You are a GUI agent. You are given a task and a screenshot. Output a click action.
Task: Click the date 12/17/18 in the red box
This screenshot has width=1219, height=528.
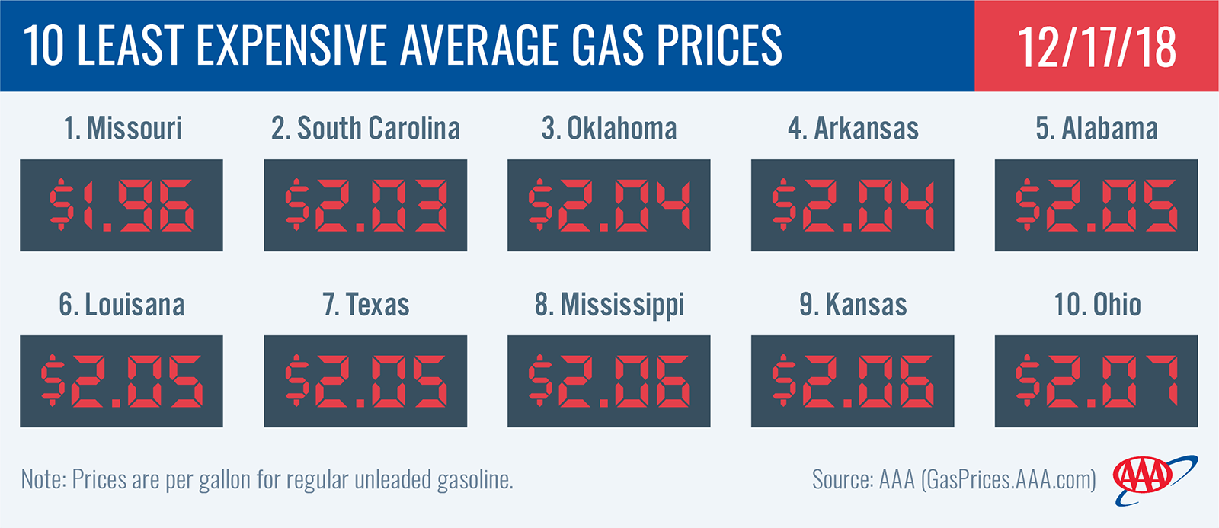[1096, 47]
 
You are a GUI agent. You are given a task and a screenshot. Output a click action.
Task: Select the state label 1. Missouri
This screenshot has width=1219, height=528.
[123, 129]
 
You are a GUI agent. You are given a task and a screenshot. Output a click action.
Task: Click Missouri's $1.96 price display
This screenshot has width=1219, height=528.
[121, 205]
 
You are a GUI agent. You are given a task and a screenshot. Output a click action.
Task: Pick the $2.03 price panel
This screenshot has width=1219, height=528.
[366, 205]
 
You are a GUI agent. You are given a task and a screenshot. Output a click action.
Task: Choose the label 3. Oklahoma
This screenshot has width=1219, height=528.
[609, 129]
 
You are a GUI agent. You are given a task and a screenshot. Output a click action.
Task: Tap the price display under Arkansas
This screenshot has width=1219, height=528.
[853, 205]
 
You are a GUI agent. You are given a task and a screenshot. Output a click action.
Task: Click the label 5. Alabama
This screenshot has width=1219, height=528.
[1096, 129]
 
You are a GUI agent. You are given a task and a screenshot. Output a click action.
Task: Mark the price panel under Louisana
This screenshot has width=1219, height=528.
[121, 381]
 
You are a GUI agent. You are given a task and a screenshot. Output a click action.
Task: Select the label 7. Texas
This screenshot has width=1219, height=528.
[366, 304]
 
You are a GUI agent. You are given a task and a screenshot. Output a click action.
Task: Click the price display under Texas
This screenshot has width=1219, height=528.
[366, 381]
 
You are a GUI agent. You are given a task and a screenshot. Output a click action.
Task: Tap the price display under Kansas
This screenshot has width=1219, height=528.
[853, 381]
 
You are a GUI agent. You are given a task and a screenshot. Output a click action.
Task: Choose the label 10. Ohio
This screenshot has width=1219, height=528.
[1097, 304]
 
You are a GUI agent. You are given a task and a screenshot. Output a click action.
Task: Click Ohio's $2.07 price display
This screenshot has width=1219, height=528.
[1096, 381]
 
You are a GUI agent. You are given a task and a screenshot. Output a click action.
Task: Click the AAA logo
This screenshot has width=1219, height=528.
[1153, 480]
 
